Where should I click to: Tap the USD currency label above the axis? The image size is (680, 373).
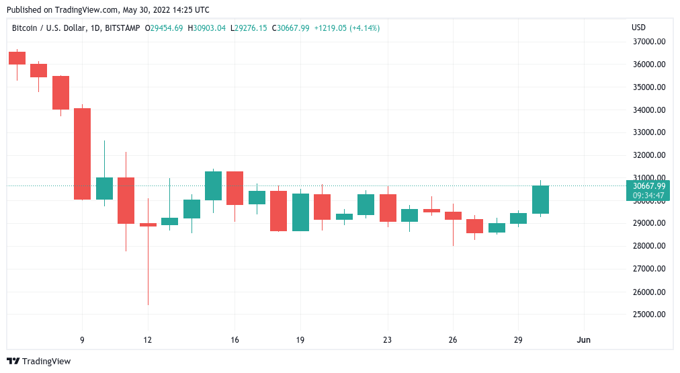[638, 28]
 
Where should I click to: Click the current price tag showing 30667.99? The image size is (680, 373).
[648, 186]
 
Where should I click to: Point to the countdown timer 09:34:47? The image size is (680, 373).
[648, 196]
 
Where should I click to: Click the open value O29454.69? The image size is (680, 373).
[164, 28]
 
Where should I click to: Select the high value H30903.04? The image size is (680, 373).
[207, 28]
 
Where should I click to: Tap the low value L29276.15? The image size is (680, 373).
[249, 28]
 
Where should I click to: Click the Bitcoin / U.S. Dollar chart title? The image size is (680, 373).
[75, 28]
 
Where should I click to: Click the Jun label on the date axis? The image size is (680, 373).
[584, 340]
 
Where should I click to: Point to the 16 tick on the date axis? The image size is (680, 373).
[235, 340]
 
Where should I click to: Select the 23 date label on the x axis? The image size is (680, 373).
[387, 340]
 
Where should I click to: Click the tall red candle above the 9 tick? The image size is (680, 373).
[82, 154]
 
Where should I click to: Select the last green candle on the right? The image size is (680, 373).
[540, 200]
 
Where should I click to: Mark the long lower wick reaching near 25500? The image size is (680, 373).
[148, 269]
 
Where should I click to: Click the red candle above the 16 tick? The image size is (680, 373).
[235, 188]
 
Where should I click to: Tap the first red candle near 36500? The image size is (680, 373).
[17, 58]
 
